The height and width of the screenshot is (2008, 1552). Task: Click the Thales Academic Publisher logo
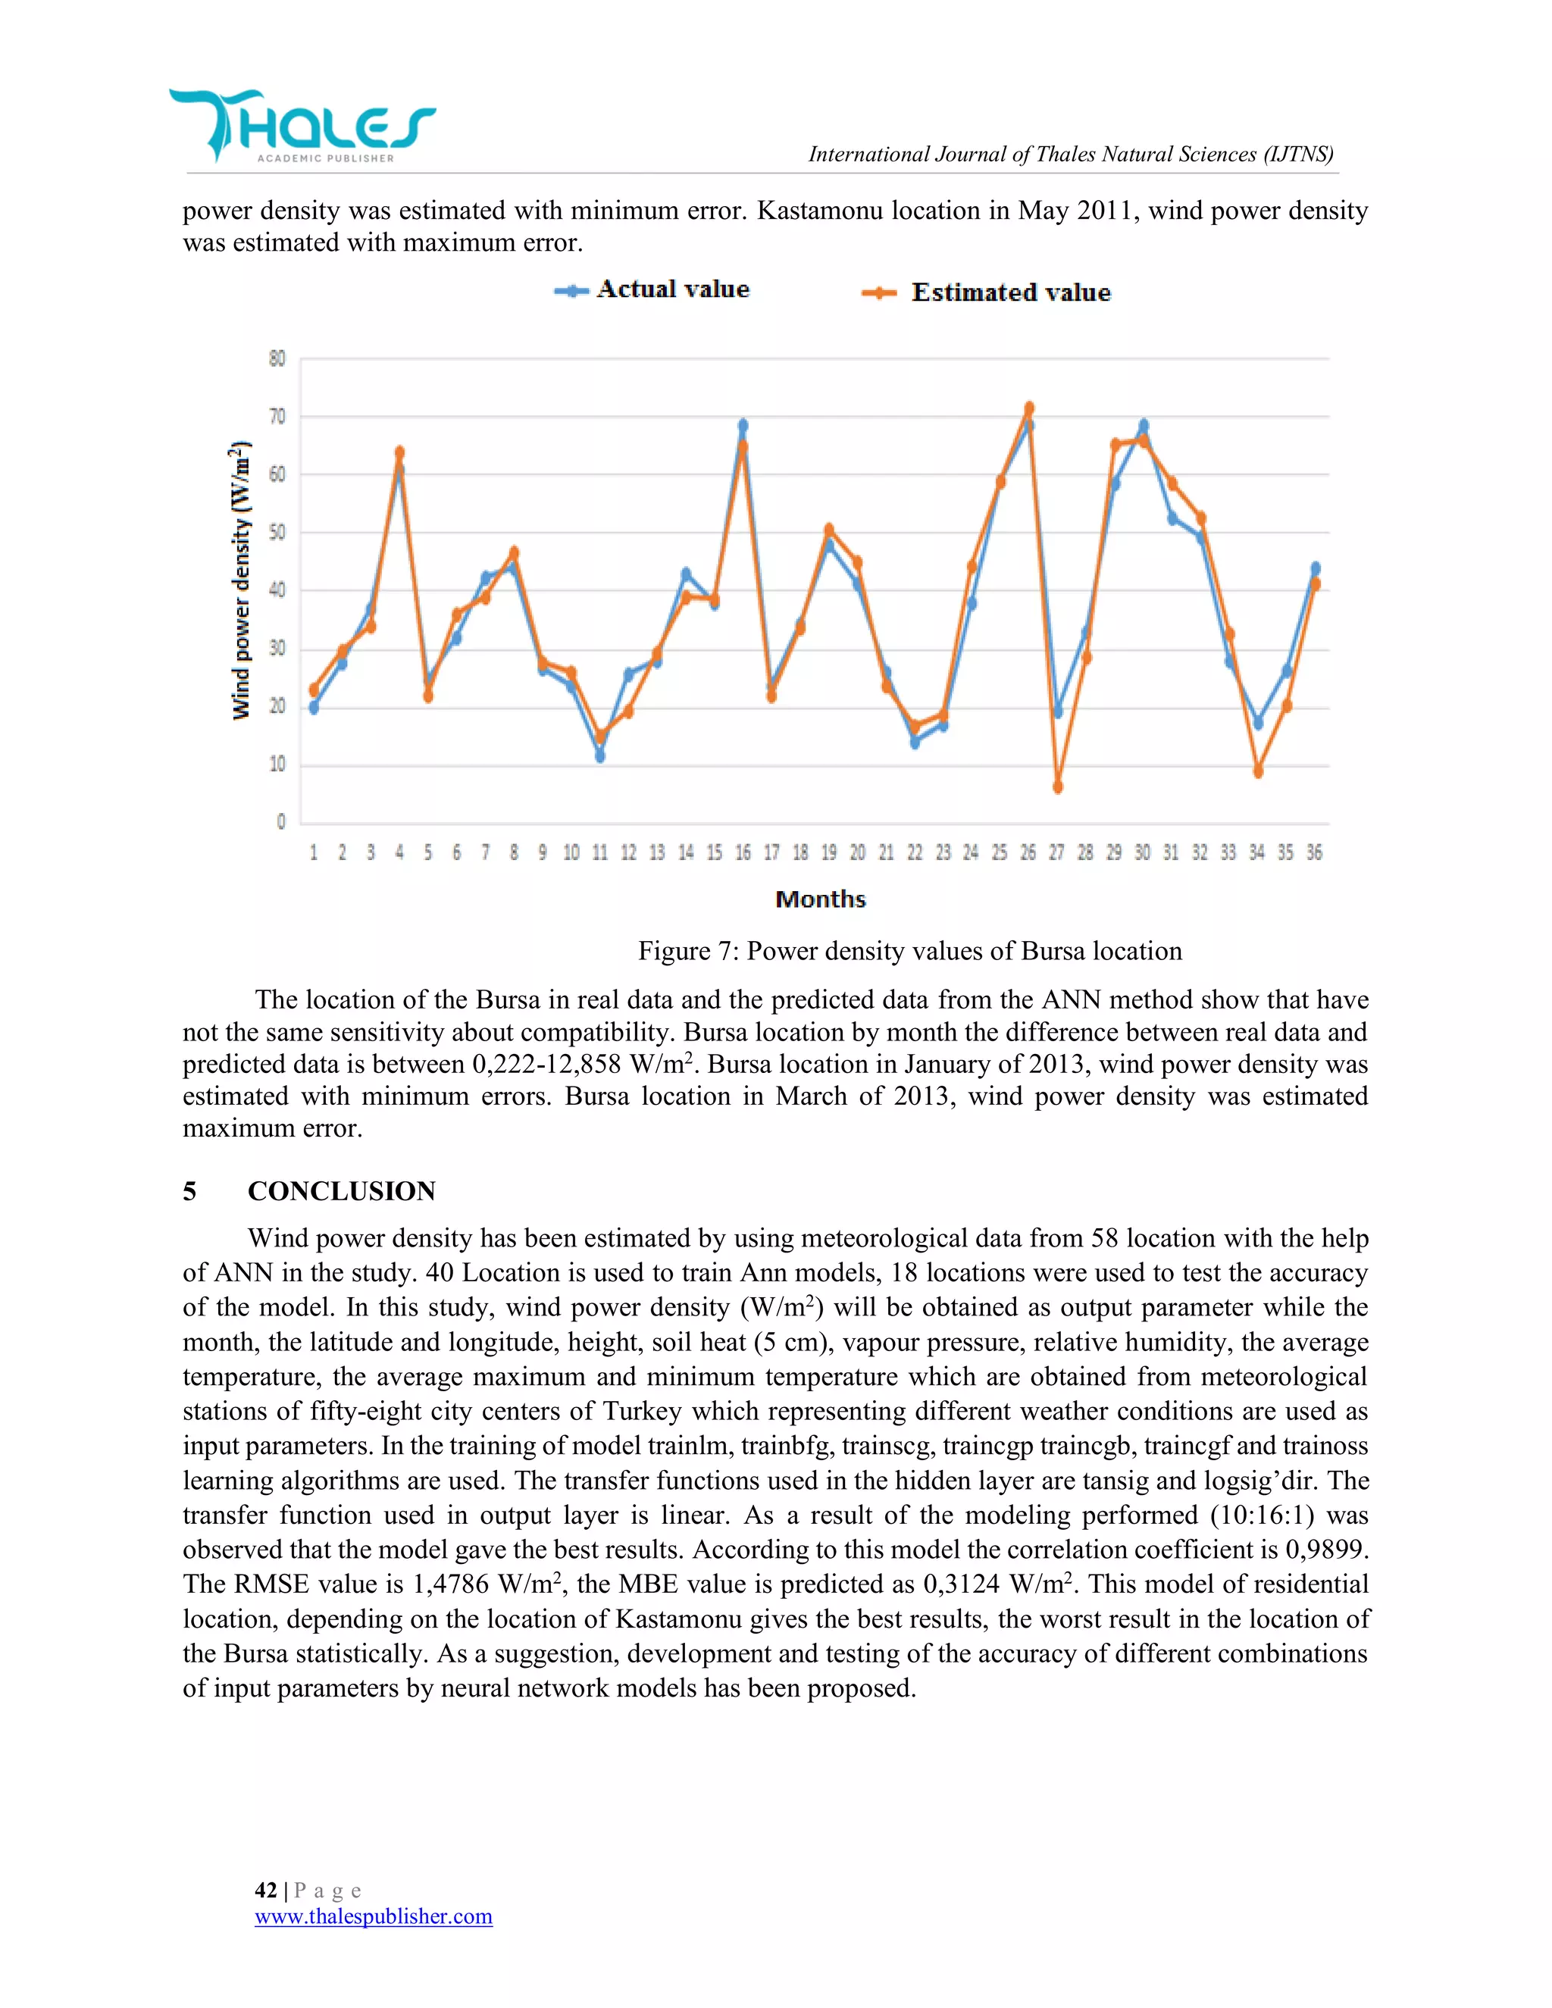pos(302,125)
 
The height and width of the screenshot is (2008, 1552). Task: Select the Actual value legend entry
pos(652,289)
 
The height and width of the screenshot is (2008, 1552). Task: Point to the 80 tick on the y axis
pos(277,358)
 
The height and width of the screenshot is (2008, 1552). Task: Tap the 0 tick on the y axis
pos(280,822)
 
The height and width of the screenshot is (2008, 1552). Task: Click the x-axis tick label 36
pos(1314,853)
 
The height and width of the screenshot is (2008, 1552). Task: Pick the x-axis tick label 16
pos(742,853)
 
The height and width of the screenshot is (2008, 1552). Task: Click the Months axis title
pos(820,899)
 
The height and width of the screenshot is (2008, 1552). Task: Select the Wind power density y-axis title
pos(240,580)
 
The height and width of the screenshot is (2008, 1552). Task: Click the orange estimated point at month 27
pos(1057,787)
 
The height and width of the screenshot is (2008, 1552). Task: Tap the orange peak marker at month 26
pos(1029,408)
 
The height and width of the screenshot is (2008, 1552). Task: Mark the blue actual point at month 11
pos(599,755)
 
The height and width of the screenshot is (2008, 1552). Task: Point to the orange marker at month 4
pos(399,452)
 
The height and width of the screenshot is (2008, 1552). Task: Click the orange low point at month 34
pos(1258,771)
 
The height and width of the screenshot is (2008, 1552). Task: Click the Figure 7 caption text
pos(909,951)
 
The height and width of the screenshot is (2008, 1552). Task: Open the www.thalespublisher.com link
pos(374,1916)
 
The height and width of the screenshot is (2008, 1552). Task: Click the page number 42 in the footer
pos(266,1891)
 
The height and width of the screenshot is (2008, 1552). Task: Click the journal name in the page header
pos(1070,155)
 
